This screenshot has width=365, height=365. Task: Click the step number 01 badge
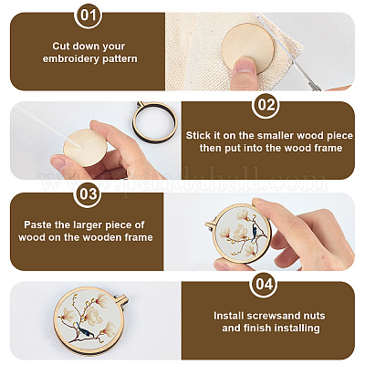point(89,16)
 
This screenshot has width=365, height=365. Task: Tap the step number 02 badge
point(266,105)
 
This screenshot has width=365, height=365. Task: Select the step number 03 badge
point(88,194)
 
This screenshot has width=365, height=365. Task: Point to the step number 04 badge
point(264,284)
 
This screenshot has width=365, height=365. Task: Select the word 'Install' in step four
point(229,316)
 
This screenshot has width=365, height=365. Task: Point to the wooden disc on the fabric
point(247,48)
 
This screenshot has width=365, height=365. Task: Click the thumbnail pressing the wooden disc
point(245,66)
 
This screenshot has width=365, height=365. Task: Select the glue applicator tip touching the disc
point(78,147)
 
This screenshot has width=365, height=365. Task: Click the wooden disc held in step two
point(85,148)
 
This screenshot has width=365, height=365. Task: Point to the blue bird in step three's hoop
point(255,232)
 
